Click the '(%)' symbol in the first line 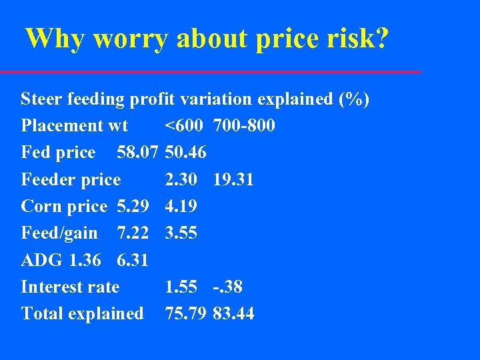tap(353, 99)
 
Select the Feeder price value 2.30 tap(181, 179)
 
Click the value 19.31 tap(233, 179)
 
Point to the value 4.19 tap(181, 206)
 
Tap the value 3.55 tap(181, 233)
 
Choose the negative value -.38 tap(228, 287)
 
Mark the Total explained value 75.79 tap(186, 313)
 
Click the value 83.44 tap(233, 313)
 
